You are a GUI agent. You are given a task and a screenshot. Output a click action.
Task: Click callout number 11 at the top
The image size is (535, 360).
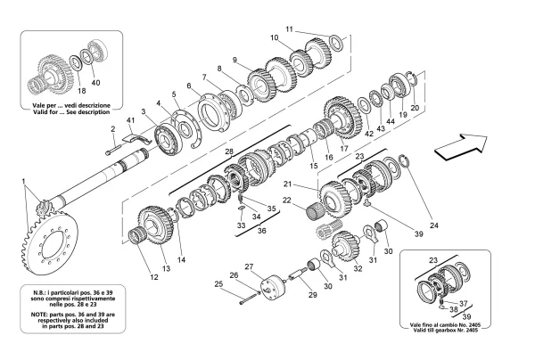click(288, 29)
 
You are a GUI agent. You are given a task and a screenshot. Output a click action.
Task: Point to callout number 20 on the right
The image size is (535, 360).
click(415, 108)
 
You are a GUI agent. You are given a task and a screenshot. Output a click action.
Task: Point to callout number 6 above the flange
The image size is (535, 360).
click(188, 86)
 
